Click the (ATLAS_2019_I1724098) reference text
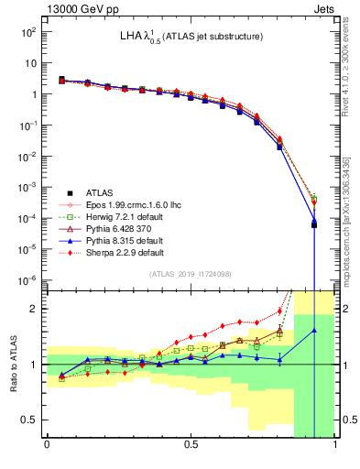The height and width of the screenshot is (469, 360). point(191,275)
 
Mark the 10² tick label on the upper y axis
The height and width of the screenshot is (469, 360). point(28,31)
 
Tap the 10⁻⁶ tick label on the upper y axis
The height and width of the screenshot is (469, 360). point(28,280)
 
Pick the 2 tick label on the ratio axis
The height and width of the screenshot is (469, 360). point(33,309)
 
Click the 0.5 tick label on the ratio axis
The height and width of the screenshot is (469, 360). point(28,420)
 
